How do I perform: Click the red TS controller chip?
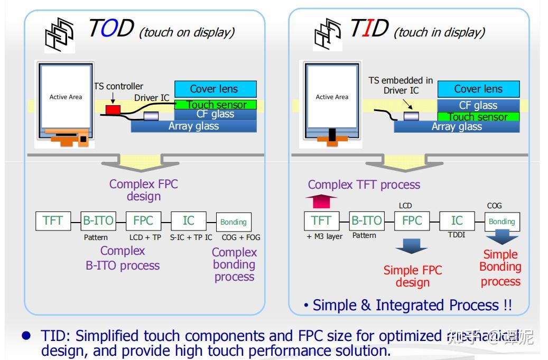113,109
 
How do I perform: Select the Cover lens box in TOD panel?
215,89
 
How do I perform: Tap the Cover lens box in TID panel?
478,89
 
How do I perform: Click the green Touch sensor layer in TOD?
215,105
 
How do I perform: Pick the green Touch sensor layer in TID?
478,117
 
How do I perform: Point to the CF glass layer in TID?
478,105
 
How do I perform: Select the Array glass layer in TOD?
193,126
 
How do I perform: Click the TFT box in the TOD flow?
53,221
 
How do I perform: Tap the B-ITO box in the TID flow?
366,220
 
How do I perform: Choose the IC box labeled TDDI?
457,220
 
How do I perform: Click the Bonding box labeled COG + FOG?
234,222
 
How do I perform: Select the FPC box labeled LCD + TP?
144,221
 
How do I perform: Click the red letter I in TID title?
364,29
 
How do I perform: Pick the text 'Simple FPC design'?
413,276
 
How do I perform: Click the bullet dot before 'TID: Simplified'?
26,336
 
